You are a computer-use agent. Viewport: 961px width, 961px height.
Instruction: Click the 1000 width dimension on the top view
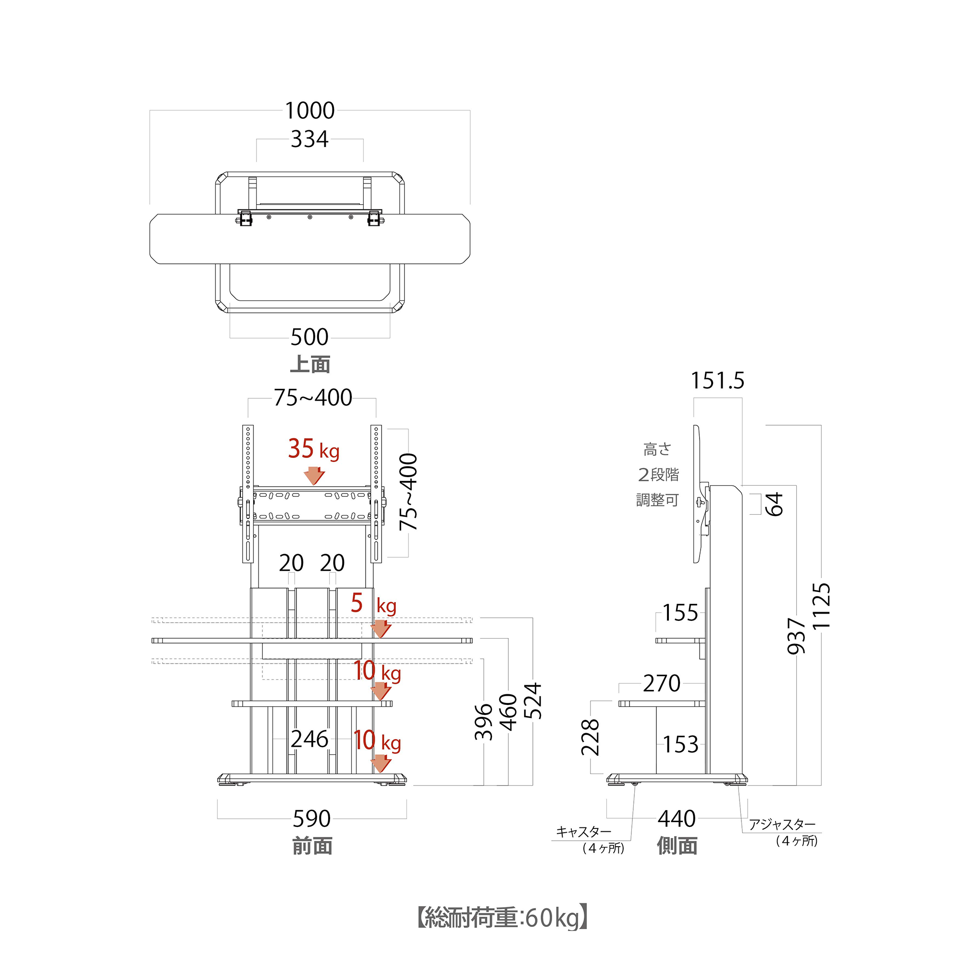(309, 111)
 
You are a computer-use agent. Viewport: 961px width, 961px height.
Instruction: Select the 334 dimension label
(309, 139)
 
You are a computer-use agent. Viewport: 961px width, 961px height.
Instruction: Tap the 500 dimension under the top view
(309, 337)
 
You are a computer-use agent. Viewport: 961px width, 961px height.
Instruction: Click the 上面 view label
(310, 364)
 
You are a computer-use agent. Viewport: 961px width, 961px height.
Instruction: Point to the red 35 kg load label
(313, 449)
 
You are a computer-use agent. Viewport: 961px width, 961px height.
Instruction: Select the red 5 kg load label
(372, 604)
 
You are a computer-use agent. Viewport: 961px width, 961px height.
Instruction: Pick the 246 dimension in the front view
(309, 739)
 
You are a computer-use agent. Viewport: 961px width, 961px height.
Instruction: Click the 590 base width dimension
(311, 819)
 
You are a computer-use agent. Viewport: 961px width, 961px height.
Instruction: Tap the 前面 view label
(312, 846)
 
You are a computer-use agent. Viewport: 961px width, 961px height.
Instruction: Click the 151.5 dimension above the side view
(717, 381)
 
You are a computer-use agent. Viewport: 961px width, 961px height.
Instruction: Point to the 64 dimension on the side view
(774, 505)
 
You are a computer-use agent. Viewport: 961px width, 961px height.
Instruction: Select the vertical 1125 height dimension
(821, 606)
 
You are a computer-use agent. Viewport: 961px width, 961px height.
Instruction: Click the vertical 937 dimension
(796, 636)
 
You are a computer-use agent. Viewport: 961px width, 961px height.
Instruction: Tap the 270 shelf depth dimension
(662, 683)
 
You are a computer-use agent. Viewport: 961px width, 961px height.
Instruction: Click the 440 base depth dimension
(677, 819)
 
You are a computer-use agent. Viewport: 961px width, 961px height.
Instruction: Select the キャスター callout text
(583, 832)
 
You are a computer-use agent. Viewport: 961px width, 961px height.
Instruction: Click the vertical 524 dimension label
(533, 701)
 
